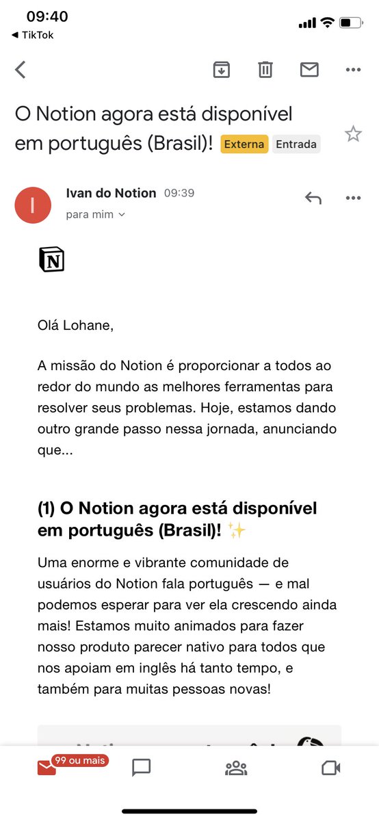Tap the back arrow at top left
click(x=21, y=69)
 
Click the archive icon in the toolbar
click(x=221, y=69)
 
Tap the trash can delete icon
click(x=265, y=69)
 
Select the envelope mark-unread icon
click(x=309, y=69)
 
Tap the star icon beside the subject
click(x=353, y=133)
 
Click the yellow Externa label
click(x=244, y=144)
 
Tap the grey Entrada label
click(x=296, y=144)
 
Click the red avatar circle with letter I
click(x=33, y=205)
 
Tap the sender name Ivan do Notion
click(x=111, y=193)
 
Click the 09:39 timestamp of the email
click(x=179, y=194)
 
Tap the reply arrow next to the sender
click(x=313, y=198)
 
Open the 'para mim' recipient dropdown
click(x=96, y=214)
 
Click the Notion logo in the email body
click(x=51, y=260)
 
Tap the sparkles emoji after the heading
click(x=237, y=530)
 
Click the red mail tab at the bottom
click(x=47, y=768)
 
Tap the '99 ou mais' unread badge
click(x=79, y=760)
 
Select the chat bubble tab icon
click(x=141, y=768)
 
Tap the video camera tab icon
click(x=331, y=768)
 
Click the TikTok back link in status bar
click(x=33, y=35)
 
